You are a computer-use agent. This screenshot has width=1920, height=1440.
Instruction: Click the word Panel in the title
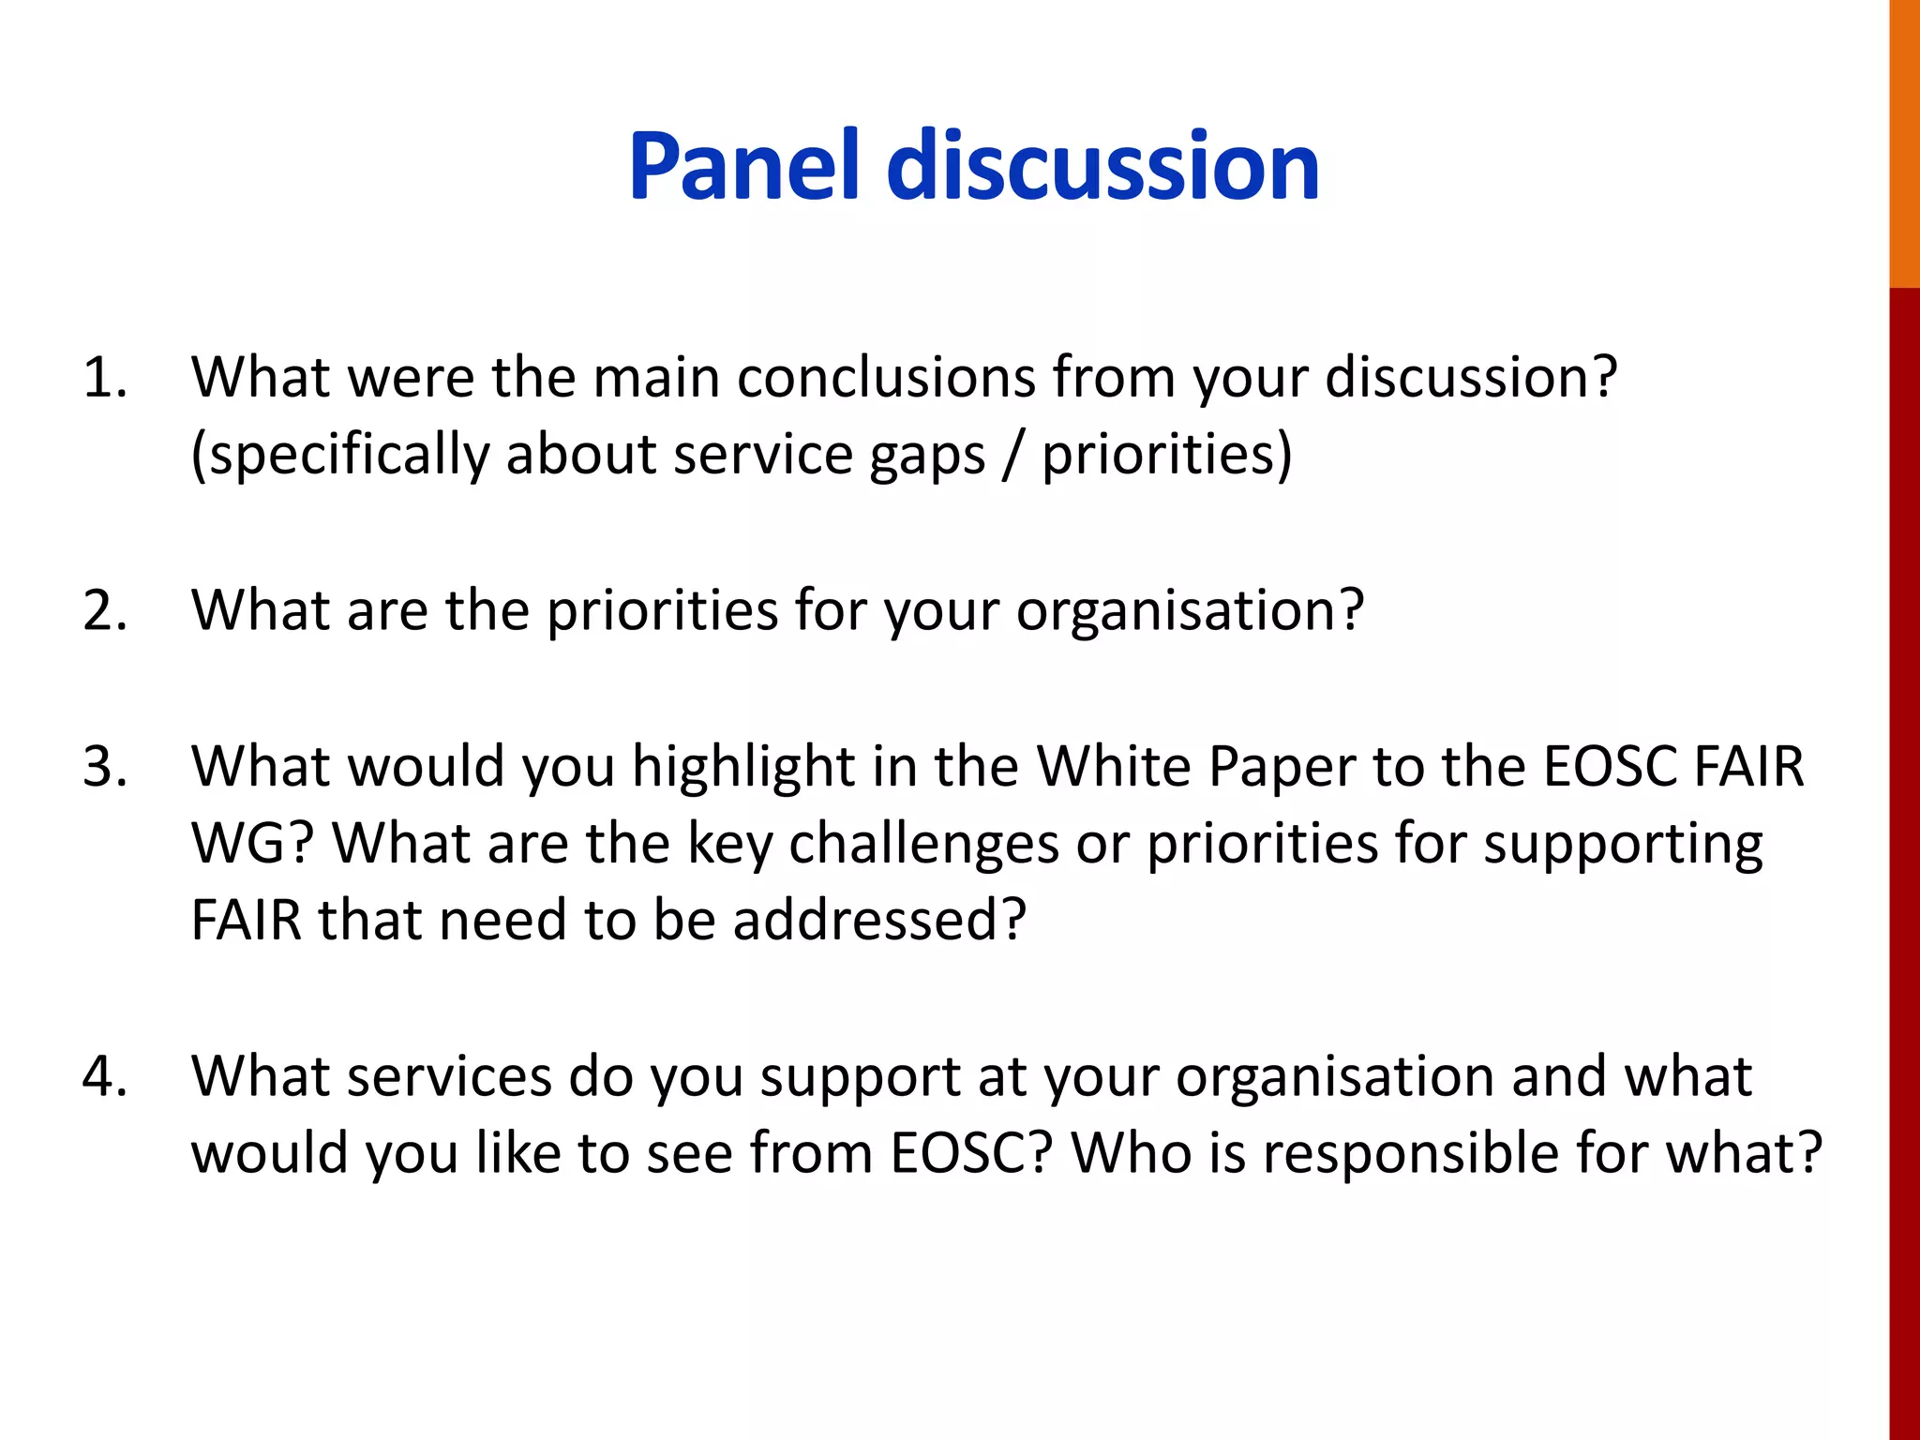[743, 167]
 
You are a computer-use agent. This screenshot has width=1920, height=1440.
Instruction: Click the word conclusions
[885, 378]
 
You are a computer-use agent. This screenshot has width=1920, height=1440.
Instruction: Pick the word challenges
[923, 845]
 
